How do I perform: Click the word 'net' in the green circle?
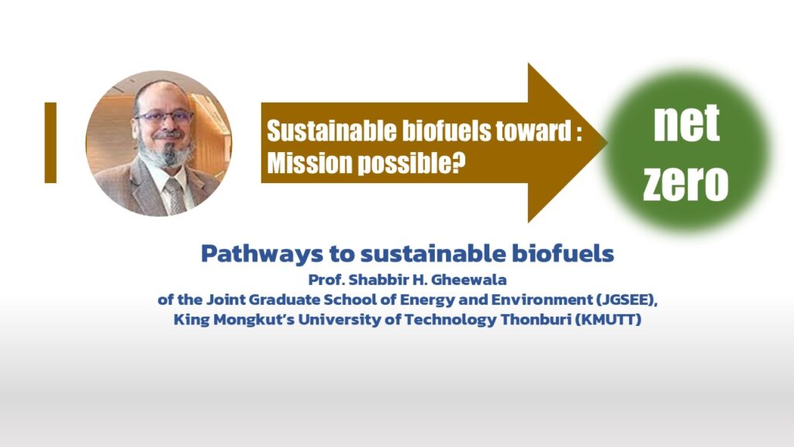point(687,123)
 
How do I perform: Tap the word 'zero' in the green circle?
point(685,182)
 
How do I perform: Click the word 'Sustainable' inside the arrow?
point(332,131)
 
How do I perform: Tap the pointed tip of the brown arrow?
point(606,143)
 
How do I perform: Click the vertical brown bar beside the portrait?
point(50,143)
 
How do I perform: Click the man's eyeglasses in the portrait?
point(164,117)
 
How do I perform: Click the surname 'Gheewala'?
point(469,279)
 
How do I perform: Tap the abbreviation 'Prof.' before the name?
point(326,279)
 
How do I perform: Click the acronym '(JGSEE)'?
point(627,300)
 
